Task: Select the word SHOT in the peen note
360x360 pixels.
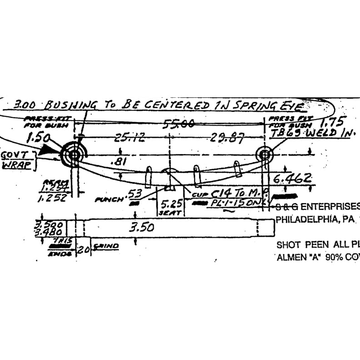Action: (289, 245)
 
